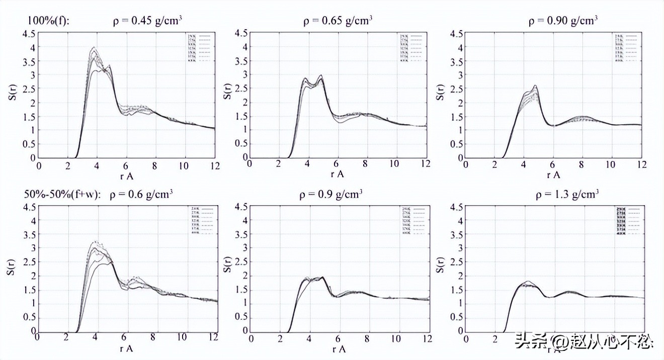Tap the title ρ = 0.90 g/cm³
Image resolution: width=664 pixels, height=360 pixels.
point(563,21)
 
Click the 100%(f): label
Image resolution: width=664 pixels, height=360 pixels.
point(49,21)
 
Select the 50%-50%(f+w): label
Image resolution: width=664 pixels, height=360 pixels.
point(62,195)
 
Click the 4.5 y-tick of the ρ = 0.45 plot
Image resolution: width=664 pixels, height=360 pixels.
point(29,34)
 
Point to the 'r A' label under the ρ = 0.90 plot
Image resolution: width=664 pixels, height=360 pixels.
point(553,174)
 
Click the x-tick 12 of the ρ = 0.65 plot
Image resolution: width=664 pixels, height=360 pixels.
point(426,164)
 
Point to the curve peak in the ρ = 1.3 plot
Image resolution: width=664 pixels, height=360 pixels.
point(527,281)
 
